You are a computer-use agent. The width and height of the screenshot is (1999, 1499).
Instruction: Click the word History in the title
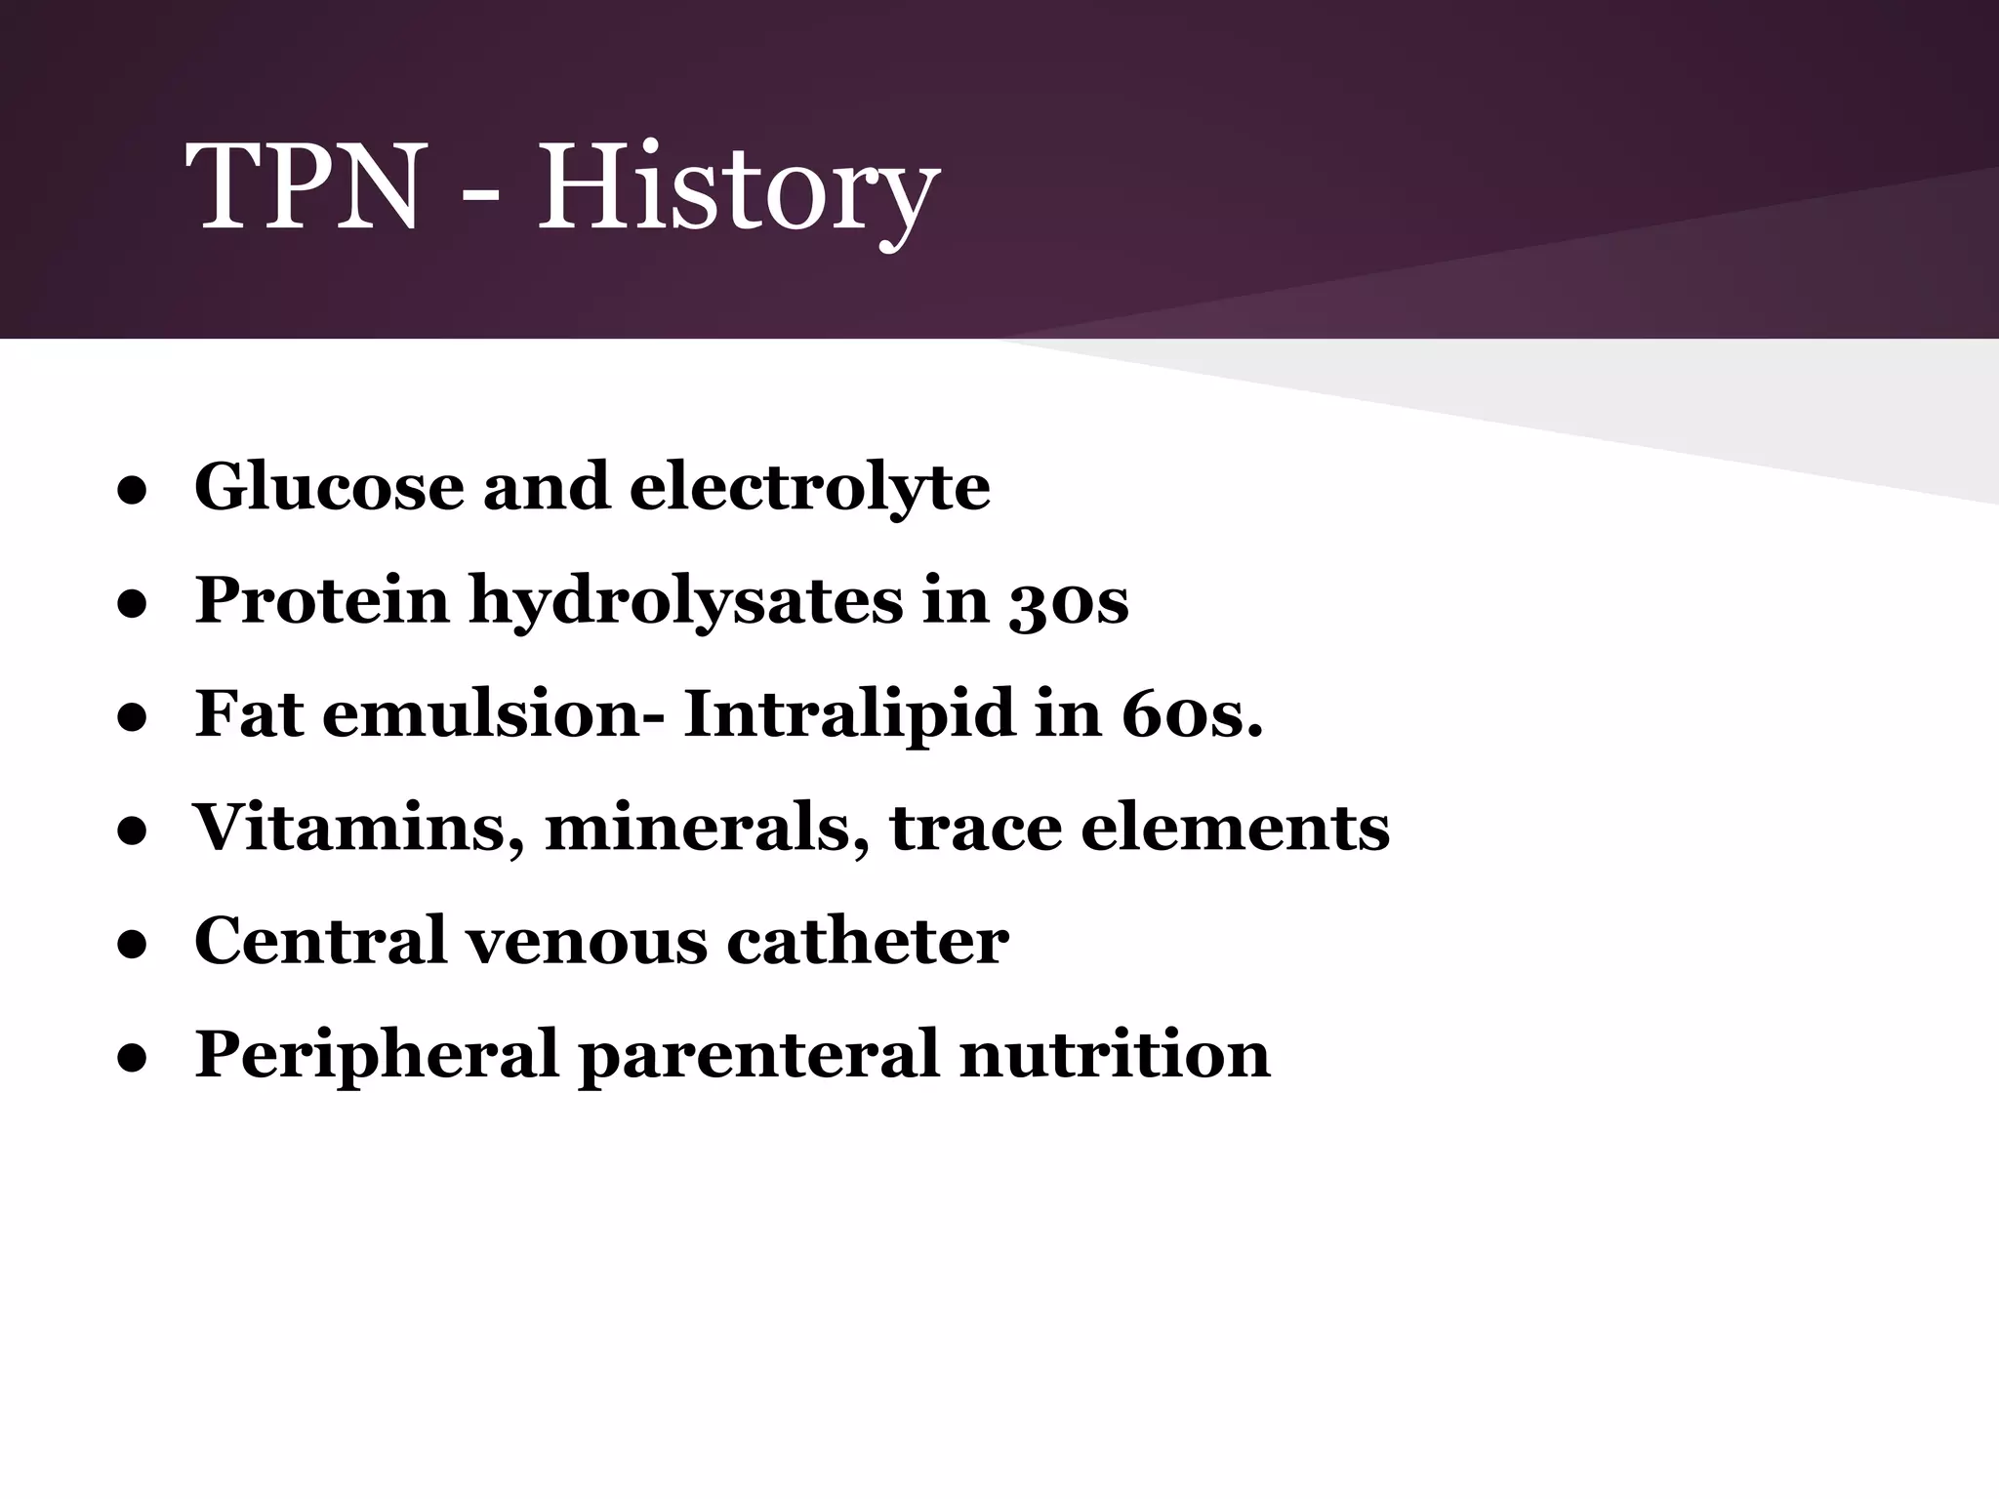click(738, 187)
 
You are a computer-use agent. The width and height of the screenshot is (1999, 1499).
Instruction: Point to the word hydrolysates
click(686, 601)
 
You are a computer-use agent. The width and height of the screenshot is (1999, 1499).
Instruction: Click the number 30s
click(1068, 601)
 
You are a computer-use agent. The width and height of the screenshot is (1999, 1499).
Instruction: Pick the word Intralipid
click(849, 714)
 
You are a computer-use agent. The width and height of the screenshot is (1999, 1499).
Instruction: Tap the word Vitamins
click(357, 829)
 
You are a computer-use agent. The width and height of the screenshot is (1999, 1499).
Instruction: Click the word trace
click(976, 829)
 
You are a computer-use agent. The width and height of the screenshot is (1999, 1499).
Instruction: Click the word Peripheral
click(376, 1056)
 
